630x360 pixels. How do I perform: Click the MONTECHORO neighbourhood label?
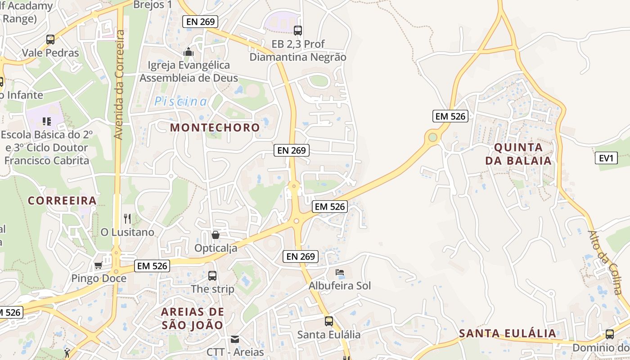(215, 127)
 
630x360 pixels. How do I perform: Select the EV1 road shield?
(606, 158)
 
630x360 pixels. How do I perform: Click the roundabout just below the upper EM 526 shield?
(433, 137)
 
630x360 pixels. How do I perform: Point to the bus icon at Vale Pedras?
(50, 39)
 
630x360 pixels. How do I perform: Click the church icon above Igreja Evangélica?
(189, 52)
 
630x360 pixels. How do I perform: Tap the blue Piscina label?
(181, 102)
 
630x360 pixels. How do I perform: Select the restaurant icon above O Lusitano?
(127, 219)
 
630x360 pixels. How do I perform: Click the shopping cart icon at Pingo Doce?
(98, 265)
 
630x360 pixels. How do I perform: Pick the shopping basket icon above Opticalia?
(216, 235)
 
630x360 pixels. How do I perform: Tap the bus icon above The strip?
(212, 275)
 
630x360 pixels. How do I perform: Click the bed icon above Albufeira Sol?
(340, 272)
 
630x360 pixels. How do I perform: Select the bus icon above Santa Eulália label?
(329, 321)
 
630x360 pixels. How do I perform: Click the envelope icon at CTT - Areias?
(235, 339)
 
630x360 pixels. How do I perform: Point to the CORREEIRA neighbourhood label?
(62, 200)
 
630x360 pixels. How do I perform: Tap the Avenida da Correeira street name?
(119, 84)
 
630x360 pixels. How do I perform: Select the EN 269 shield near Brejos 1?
(200, 21)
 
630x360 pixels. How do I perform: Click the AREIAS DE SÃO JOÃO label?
(192, 318)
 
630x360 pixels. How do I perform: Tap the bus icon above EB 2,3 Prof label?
(297, 30)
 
